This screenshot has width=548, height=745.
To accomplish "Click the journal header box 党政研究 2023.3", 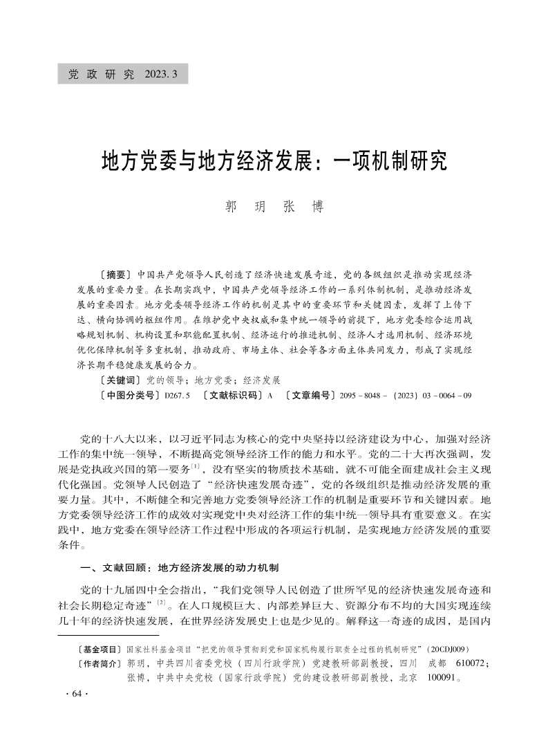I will tap(123, 74).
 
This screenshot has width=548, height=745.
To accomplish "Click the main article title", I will tap(274, 160).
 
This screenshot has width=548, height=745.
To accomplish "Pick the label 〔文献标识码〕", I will tap(229, 396).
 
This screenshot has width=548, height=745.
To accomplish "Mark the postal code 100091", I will tap(440, 679).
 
